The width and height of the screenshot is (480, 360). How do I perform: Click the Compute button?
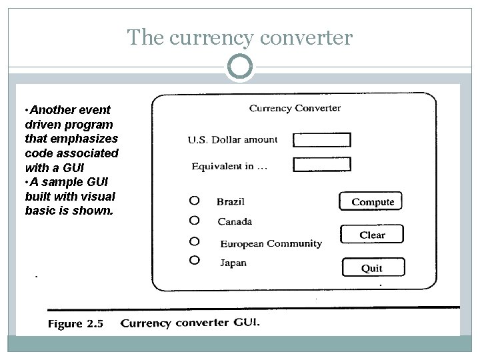click(x=373, y=201)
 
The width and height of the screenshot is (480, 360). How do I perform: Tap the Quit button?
click(x=372, y=268)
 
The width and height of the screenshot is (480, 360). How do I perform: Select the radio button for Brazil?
click(x=194, y=200)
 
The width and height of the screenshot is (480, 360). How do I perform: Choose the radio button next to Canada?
click(x=194, y=220)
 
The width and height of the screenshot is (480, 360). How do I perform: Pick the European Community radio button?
click(x=194, y=241)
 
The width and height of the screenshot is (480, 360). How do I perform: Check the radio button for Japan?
click(x=194, y=259)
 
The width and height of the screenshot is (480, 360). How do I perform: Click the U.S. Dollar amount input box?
click(x=322, y=139)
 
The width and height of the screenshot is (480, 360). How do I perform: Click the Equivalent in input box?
click(x=322, y=164)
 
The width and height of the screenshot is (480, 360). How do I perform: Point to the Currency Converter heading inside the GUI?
click(x=295, y=108)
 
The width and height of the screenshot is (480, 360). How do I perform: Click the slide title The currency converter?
click(x=239, y=38)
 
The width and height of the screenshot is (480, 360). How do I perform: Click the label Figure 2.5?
click(x=75, y=324)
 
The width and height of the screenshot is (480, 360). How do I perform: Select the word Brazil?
click(x=231, y=201)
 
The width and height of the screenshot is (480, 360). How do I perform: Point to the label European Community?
click(x=271, y=244)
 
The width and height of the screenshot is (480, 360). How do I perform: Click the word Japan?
click(x=233, y=263)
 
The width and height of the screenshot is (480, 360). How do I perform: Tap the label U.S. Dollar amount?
click(x=232, y=140)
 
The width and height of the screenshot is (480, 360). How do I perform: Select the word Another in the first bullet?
click(x=54, y=109)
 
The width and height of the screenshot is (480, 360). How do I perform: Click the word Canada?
click(x=235, y=221)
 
